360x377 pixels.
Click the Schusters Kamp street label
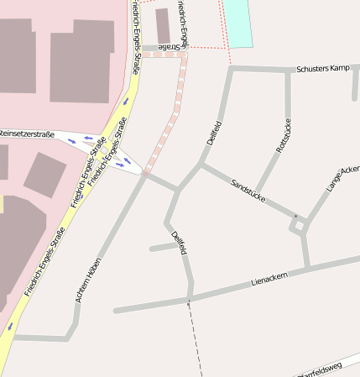(322, 68)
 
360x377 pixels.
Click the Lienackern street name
(269, 279)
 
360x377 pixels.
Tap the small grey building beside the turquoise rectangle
(163, 25)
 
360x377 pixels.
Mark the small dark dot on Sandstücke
(295, 217)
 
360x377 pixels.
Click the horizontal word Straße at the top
(168, 48)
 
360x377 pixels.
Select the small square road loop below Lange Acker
(300, 226)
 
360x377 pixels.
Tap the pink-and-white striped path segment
(167, 126)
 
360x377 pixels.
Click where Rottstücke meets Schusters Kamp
(288, 70)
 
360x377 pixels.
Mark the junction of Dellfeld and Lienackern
(191, 297)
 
